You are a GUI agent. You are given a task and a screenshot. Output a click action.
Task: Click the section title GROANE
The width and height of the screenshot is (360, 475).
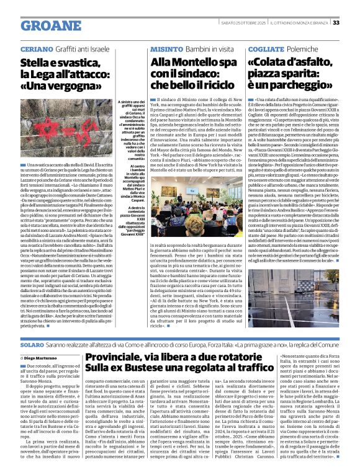48,25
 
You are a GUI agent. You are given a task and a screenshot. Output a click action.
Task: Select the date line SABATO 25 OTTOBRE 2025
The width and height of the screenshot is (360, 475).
254,23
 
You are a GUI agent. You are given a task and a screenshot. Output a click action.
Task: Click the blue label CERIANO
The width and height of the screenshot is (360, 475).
36,48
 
